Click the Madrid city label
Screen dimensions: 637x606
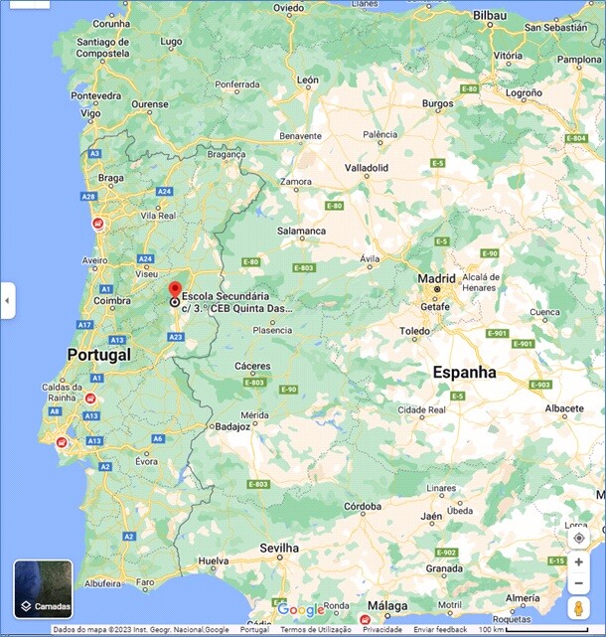[x=436, y=279]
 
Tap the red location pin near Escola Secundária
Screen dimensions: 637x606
[x=175, y=290]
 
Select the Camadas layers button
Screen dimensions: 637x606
[x=43, y=589]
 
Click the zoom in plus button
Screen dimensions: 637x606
[x=578, y=561]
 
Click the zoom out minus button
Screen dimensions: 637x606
[x=578, y=583]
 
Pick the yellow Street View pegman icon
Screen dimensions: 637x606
[x=578, y=608]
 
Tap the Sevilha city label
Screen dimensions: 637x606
[x=279, y=548]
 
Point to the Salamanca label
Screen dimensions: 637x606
[x=301, y=231]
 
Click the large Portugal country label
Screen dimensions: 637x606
[x=98, y=354]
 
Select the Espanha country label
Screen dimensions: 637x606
[x=464, y=373]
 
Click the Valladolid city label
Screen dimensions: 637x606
[x=367, y=168]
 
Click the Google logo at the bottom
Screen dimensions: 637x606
[x=301, y=609]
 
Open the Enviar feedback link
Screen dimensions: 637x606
[x=440, y=630]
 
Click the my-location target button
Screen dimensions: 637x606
[x=578, y=538]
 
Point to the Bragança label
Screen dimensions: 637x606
[x=226, y=154]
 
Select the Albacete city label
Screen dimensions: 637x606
[x=564, y=408]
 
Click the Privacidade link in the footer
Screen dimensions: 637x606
[x=382, y=630]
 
